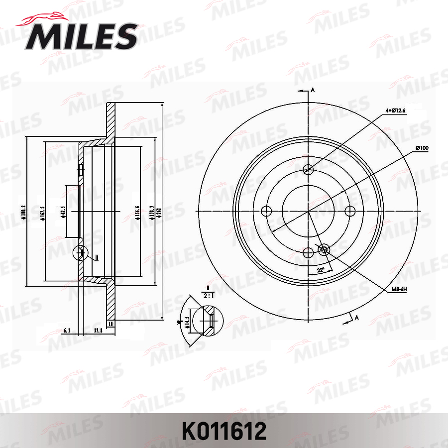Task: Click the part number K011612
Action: coord(224,431)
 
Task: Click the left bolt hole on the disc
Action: coord(267,211)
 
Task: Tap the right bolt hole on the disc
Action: coord(349,211)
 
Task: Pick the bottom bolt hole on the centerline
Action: coord(308,252)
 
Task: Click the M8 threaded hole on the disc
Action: coord(324,249)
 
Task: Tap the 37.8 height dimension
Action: coord(98,330)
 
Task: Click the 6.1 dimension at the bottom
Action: coord(68,330)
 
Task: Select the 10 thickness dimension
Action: coord(111,324)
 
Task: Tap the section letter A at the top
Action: coord(313,90)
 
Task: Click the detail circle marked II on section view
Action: coord(81,253)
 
